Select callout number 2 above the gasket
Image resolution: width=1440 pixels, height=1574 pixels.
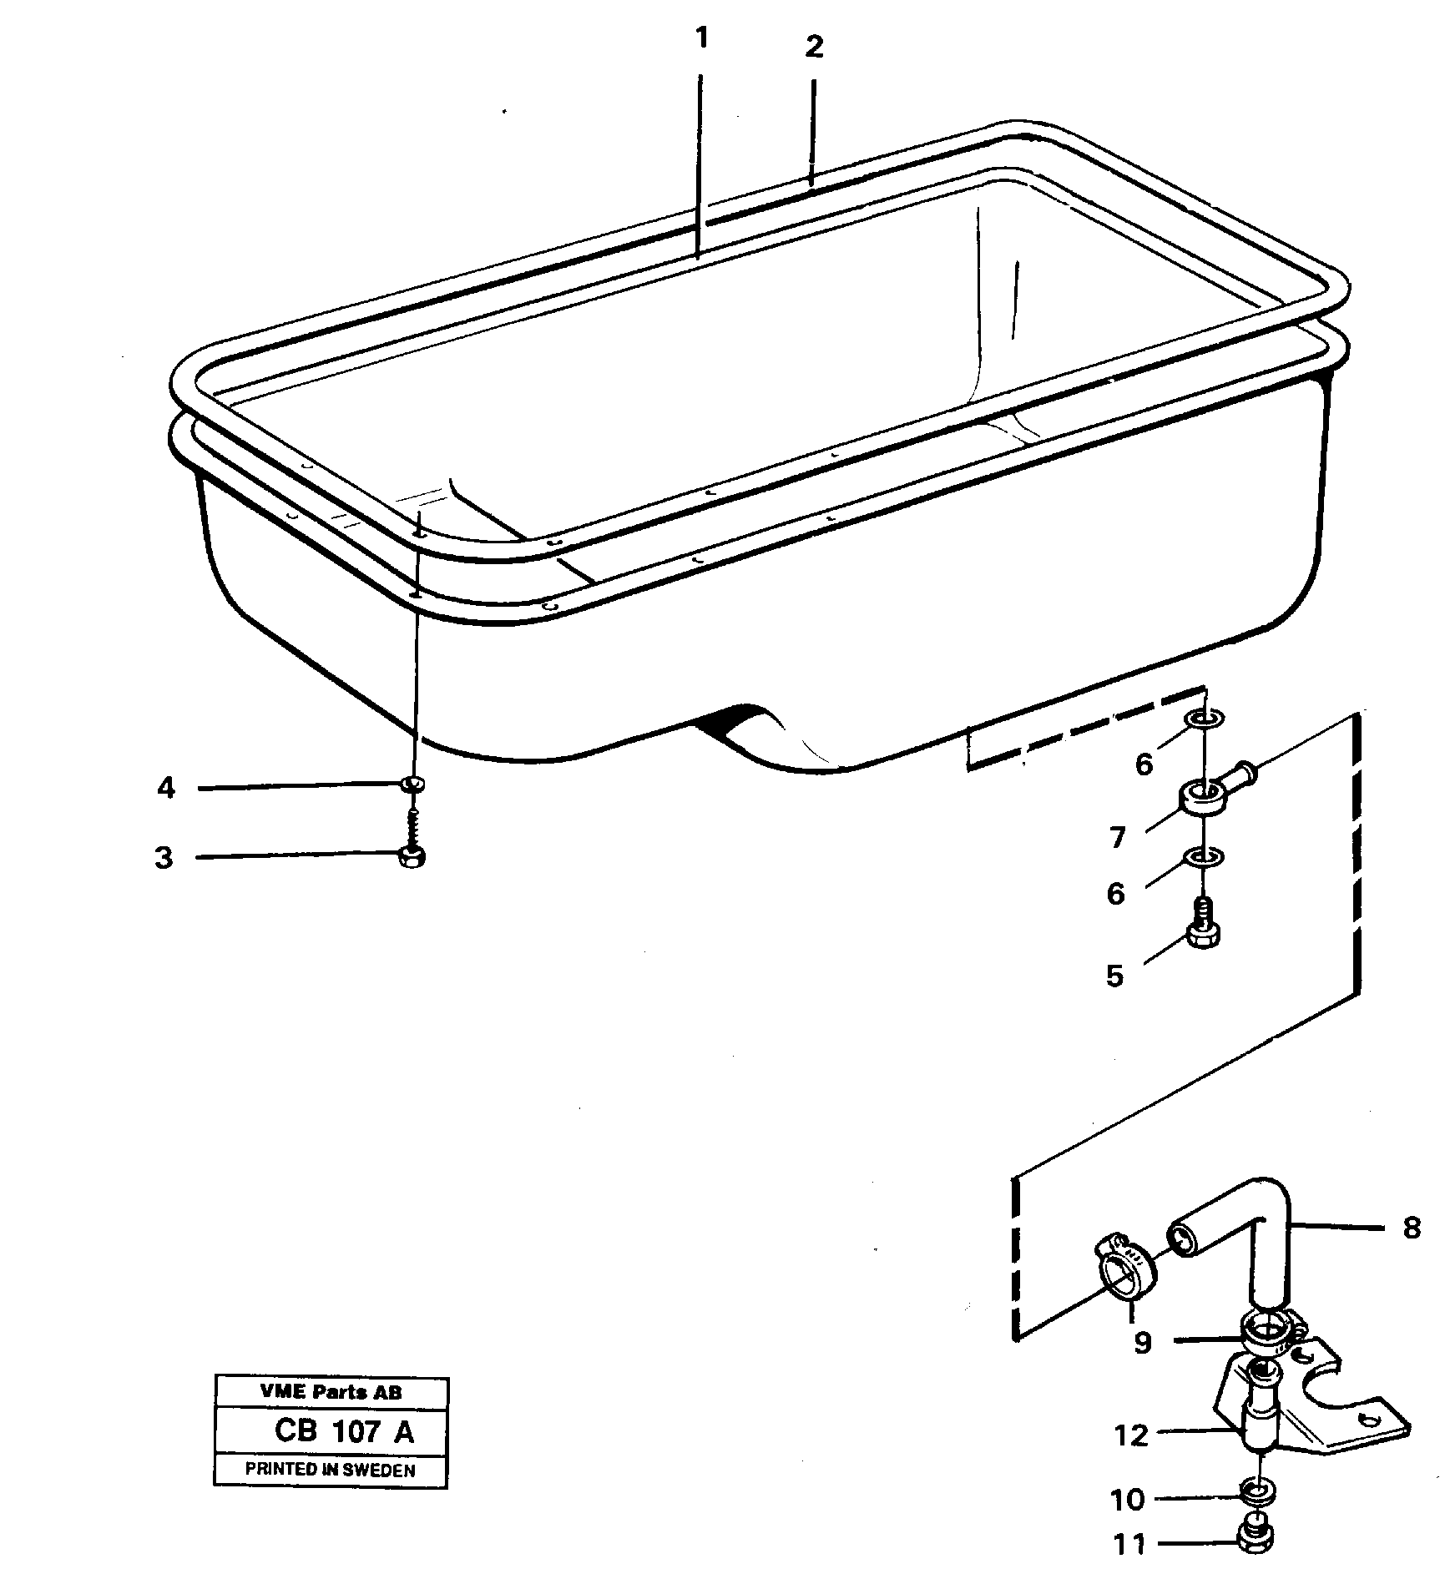click(814, 47)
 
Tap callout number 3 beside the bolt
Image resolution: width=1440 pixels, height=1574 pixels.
click(164, 858)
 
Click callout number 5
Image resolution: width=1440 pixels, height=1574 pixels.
click(1115, 976)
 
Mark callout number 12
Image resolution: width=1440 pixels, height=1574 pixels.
click(1131, 1435)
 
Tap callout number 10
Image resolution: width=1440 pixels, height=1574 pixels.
click(1128, 1500)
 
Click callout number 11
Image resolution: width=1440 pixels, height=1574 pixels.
click(1130, 1545)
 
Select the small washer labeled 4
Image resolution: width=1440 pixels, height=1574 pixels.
click(412, 784)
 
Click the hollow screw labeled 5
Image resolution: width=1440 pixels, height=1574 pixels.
click(1202, 931)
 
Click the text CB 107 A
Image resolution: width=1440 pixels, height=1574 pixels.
click(343, 1431)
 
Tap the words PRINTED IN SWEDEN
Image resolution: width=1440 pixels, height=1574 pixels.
click(331, 1471)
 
